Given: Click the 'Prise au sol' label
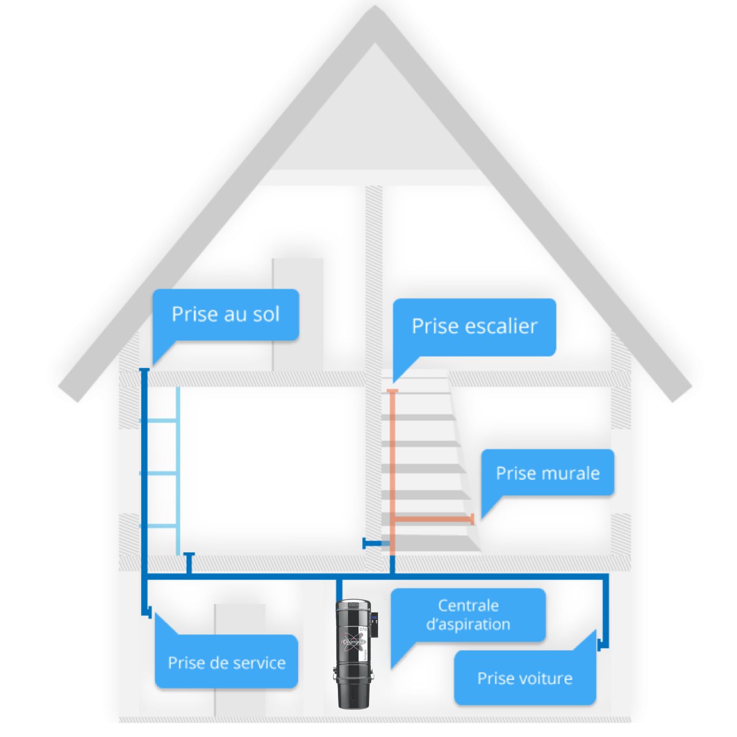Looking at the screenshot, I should (225, 314).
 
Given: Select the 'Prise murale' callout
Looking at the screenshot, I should (547, 473).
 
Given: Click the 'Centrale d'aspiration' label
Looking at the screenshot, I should (468, 615).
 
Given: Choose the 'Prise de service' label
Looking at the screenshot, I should (226, 662).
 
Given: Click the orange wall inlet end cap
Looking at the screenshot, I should (472, 519).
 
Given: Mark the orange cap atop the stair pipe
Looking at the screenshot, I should (392, 391).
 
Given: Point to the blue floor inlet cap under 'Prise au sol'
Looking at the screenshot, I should (144, 370).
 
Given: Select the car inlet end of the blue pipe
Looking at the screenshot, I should (600, 643).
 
